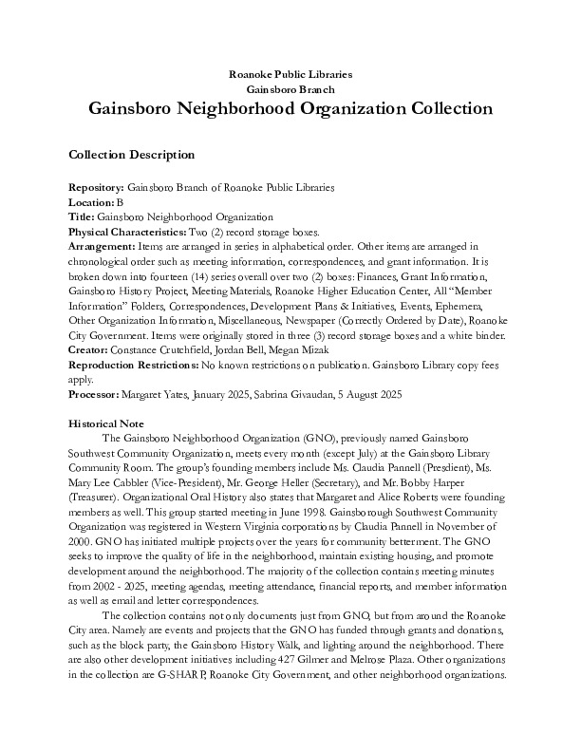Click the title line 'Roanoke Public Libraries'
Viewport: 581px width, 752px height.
(x=290, y=73)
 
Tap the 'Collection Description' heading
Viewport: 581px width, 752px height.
(x=132, y=155)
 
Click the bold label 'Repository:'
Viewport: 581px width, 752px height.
(x=97, y=190)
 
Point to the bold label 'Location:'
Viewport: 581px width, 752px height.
(x=91, y=203)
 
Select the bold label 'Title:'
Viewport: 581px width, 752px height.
(x=83, y=216)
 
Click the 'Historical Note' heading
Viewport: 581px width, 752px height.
(x=109, y=422)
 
